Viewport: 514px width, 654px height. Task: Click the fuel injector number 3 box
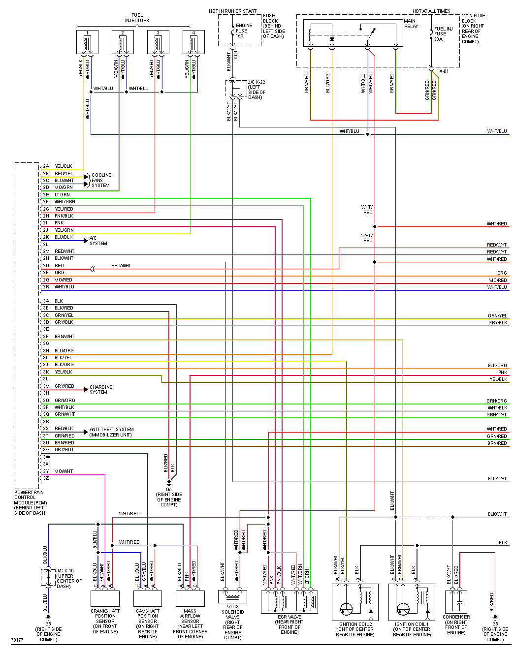tap(158, 43)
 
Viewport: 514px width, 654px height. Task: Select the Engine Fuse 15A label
tap(244, 31)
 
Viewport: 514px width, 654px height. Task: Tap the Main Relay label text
tap(411, 24)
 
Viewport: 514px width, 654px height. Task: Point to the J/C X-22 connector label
tap(257, 90)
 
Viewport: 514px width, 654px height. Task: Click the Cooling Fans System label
tap(101, 180)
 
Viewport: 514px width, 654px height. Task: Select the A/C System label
tap(98, 241)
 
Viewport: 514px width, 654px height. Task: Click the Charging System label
tap(101, 389)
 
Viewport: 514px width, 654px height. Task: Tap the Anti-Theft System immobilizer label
tap(111, 432)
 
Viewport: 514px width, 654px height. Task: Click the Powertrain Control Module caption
tap(30, 502)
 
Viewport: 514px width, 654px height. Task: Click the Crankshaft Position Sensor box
tap(105, 598)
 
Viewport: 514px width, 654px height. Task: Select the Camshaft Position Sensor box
tap(148, 598)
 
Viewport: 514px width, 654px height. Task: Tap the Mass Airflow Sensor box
tap(190, 598)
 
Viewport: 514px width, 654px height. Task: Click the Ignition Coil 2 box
tap(354, 602)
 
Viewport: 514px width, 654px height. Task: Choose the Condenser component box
tap(456, 601)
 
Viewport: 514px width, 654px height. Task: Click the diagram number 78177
tap(17, 640)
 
